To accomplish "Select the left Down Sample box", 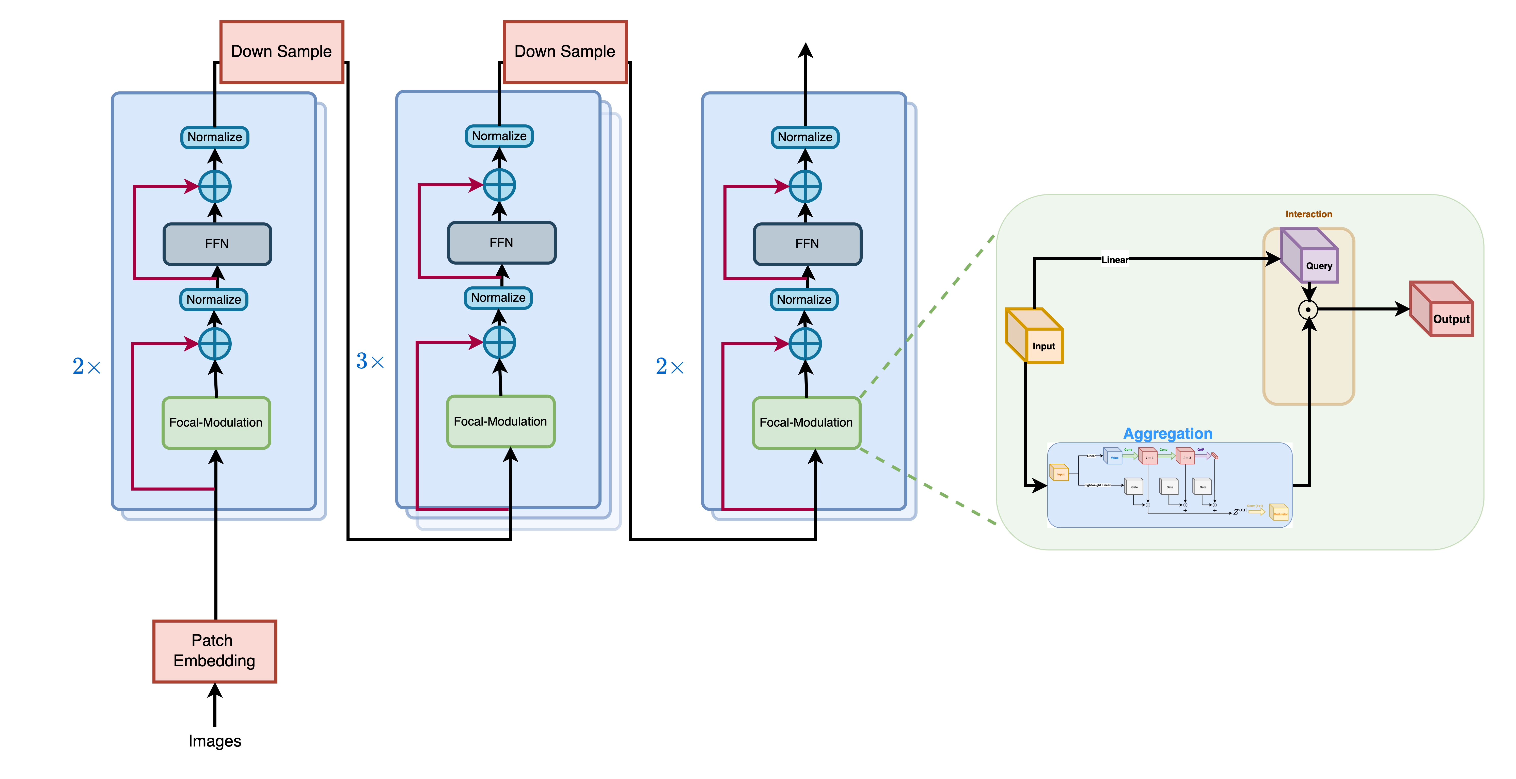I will pos(281,52).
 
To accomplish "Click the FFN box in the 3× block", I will pos(501,242).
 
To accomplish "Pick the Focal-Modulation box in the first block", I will pos(216,423).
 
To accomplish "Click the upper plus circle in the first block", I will pos(215,187).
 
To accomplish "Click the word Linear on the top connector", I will pos(1115,259).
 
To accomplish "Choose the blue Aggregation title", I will pos(1167,434).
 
